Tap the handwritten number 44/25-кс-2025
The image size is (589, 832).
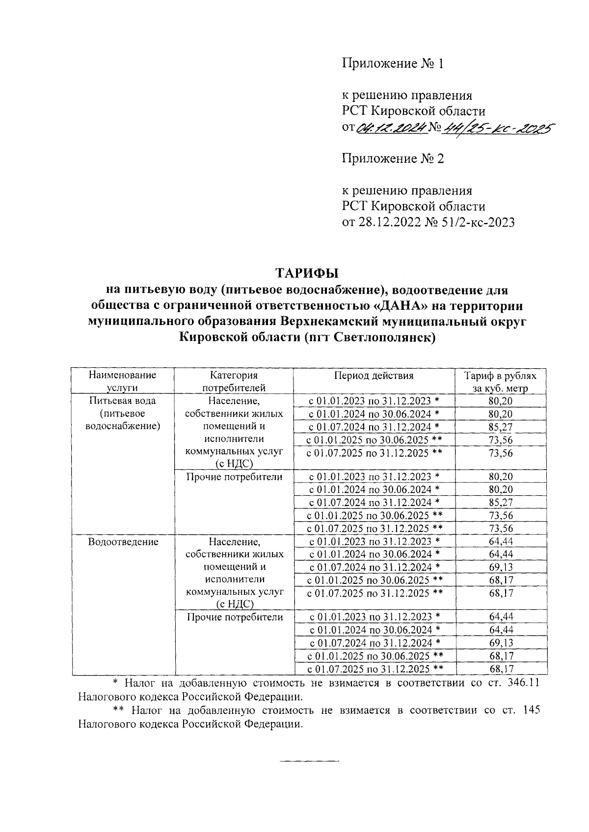496,129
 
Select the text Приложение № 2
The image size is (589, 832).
393,159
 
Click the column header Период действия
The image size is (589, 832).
374,376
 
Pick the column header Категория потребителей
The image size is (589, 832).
234,381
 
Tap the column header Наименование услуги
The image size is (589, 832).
122,381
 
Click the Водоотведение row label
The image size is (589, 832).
123,542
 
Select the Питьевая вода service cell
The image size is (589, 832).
123,413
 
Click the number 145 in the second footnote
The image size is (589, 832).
532,710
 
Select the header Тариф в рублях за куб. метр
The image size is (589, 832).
500,381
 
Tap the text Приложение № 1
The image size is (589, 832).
393,64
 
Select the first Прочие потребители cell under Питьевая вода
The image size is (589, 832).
234,477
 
